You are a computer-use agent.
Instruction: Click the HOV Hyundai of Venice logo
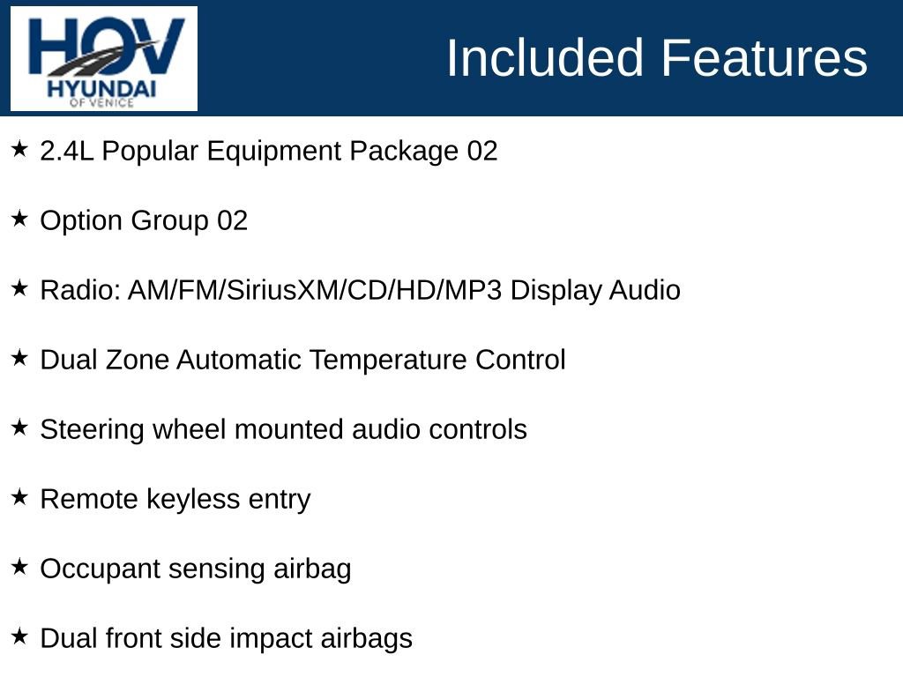104,59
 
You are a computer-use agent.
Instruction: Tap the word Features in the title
764,58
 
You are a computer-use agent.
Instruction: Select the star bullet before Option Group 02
19,219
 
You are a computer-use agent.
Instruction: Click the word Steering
93,429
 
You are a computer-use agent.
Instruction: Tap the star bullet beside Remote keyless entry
19,497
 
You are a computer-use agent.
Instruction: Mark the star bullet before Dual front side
19,636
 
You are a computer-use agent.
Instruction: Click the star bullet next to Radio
19,288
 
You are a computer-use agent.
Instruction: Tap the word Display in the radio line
556,290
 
